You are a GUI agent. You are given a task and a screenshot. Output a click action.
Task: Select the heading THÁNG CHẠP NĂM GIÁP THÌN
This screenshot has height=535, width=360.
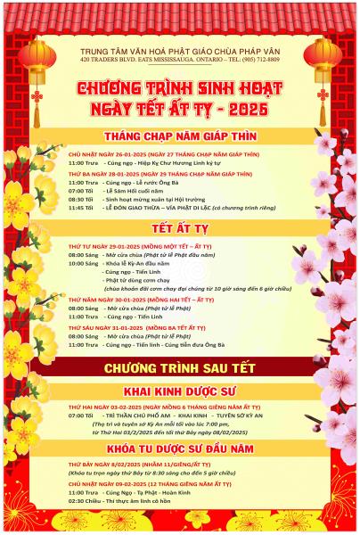tap(180, 136)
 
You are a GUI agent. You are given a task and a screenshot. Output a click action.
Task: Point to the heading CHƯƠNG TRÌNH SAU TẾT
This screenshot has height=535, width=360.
tap(180, 367)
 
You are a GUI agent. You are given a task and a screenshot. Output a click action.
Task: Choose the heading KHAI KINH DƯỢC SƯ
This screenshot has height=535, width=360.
tap(180, 391)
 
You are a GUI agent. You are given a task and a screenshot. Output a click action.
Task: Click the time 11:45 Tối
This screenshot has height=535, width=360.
tap(80, 207)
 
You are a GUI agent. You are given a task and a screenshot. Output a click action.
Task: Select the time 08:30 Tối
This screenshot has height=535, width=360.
tap(80, 198)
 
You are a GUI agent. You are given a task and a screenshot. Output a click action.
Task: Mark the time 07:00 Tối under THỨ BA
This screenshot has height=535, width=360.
tap(80, 190)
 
